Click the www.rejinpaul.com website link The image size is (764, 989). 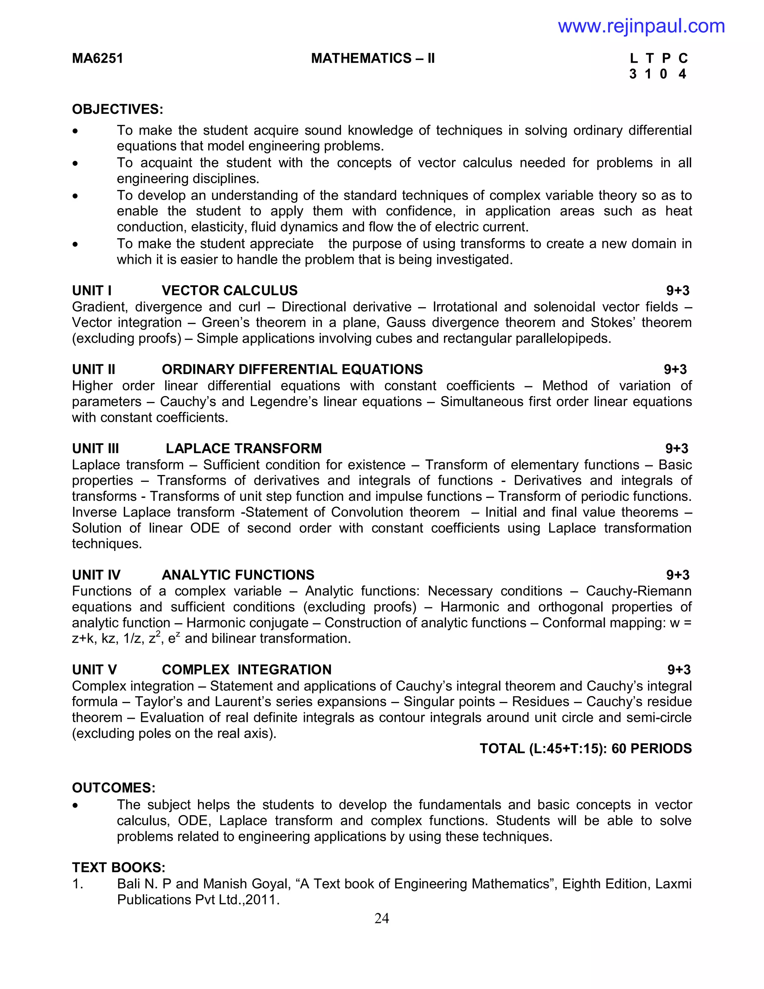[x=641, y=26]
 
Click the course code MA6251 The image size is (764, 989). [x=97, y=59]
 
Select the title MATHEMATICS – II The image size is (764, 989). [x=373, y=59]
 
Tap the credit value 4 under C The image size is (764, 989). [x=682, y=74]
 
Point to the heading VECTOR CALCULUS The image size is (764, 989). [x=229, y=290]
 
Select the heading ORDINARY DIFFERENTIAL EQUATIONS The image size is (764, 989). [x=292, y=369]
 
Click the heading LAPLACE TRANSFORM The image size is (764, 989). [x=244, y=448]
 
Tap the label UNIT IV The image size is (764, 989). [x=96, y=575]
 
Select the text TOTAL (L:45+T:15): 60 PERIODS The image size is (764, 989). [x=586, y=749]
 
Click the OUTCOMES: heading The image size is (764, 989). [x=114, y=787]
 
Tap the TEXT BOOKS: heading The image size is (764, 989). [x=119, y=867]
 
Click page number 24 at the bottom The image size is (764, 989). [x=382, y=918]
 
